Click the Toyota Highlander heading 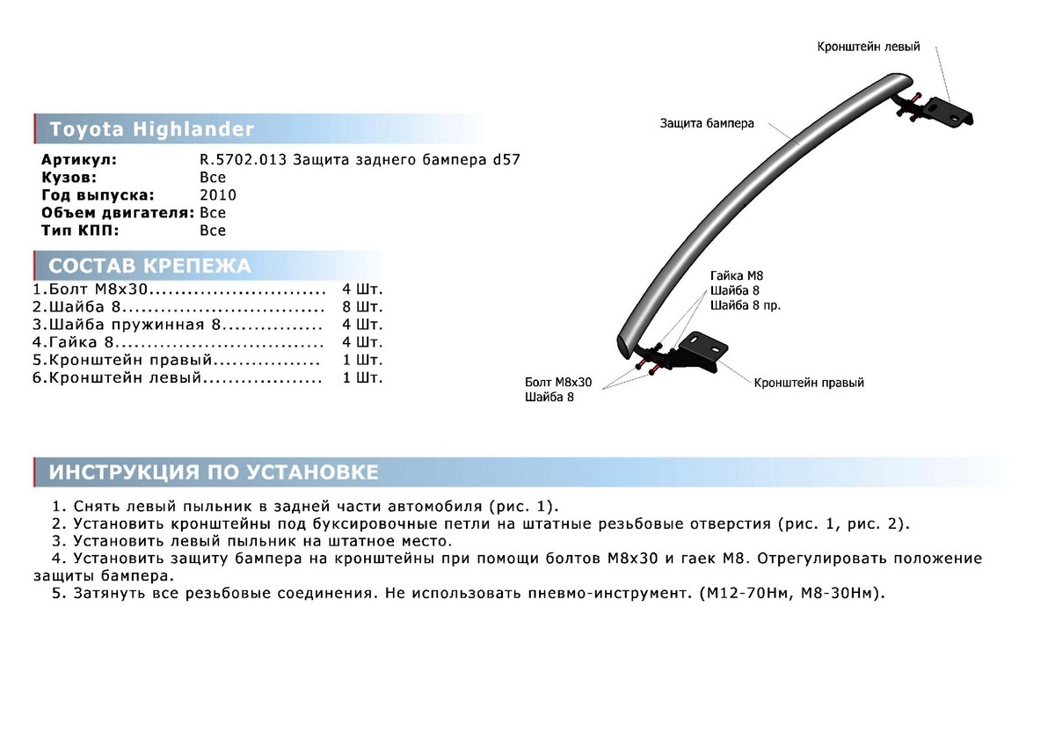[151, 130]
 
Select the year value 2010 [218, 195]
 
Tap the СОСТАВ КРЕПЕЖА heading [149, 267]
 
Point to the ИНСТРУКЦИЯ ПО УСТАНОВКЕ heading [214, 472]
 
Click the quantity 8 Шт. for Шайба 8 [363, 307]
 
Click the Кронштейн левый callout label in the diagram [869, 46]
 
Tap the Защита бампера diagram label [707, 124]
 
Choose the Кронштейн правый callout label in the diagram [809, 383]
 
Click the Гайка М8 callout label [731, 276]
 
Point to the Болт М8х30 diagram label [558, 383]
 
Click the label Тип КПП [77, 230]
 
